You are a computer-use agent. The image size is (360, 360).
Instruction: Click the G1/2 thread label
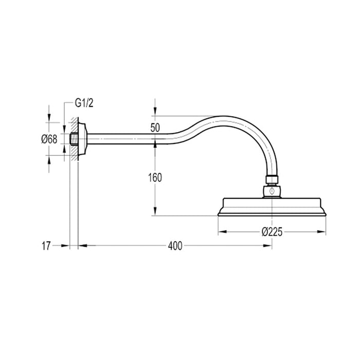85,103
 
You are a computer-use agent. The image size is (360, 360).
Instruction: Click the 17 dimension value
46,246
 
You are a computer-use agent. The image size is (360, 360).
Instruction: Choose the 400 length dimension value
175,246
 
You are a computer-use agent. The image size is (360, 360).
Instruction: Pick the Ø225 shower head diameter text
272,232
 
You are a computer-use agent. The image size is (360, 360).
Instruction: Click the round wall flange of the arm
83,138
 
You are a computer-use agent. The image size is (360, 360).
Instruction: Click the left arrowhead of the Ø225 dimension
222,232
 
